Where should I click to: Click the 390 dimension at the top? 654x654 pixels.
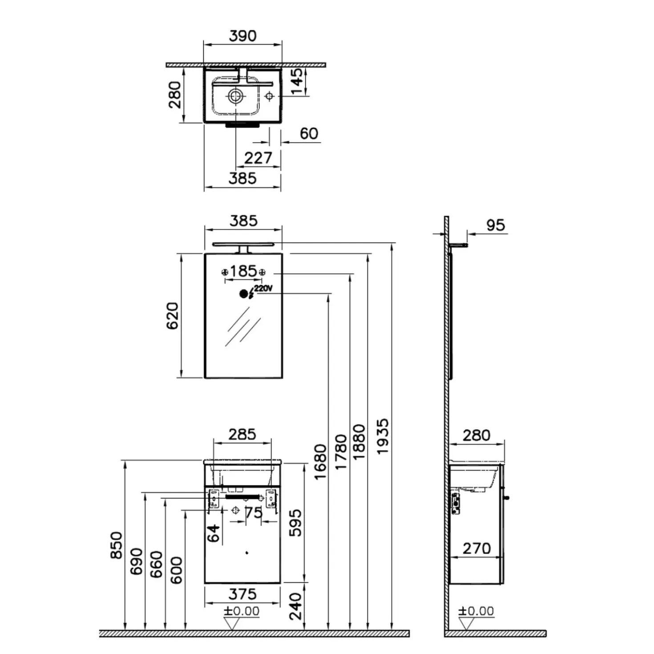coord(242,36)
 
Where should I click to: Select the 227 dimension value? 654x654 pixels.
coord(258,158)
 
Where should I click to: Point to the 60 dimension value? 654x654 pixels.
coord(309,133)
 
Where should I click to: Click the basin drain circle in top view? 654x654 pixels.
coord(235,96)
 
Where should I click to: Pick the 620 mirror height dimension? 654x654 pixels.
coord(172,315)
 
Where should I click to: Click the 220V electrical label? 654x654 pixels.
coord(263,288)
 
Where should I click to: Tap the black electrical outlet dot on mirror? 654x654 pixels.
coord(243,294)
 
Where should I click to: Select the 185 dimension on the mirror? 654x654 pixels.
coord(243,271)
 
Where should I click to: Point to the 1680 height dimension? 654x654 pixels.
coord(320,462)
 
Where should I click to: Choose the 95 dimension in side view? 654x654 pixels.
coord(496,225)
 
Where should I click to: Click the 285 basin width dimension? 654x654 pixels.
coord(242,435)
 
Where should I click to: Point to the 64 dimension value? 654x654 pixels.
coord(214,533)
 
